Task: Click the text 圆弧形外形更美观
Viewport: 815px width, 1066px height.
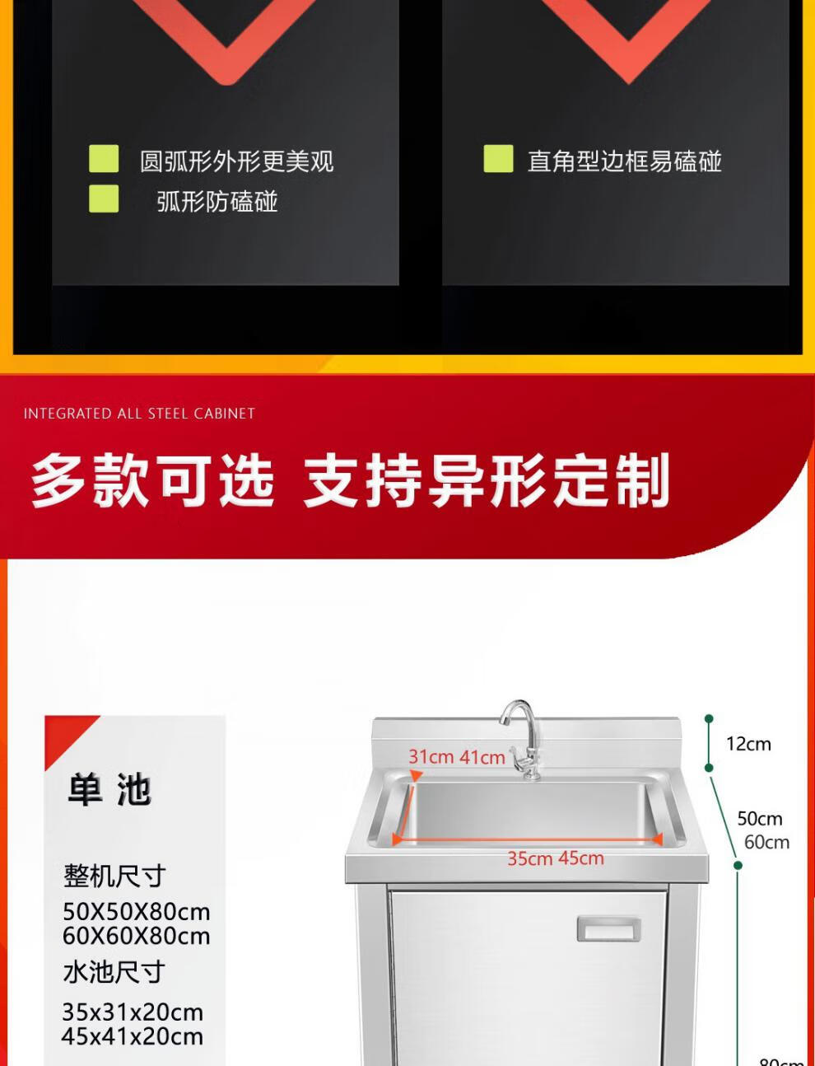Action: [x=237, y=161]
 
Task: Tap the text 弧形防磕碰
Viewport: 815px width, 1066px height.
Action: [x=217, y=201]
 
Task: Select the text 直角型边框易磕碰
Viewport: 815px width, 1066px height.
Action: [x=624, y=161]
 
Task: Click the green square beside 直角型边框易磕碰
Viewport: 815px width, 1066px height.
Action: [x=498, y=158]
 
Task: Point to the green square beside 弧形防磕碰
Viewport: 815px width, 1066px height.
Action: [x=104, y=199]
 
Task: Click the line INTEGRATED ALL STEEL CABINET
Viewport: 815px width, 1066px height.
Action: [x=139, y=414]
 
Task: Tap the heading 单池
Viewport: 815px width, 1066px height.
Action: [x=109, y=790]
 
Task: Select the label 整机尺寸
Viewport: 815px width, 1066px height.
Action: [x=114, y=876]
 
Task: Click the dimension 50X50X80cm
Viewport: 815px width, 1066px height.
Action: [x=137, y=912]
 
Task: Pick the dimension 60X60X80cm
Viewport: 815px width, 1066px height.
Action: [x=137, y=936]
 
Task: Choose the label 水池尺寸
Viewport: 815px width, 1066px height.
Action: [x=114, y=972]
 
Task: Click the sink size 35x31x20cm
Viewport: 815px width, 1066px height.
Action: [x=133, y=1012]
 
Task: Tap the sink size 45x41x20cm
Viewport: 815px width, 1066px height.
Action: [x=133, y=1036]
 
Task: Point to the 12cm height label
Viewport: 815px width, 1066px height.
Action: [x=748, y=744]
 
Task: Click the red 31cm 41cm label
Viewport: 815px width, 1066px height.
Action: [x=457, y=756]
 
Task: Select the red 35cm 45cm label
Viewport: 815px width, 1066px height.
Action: [x=556, y=858]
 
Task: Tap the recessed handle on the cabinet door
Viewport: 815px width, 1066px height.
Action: [x=609, y=929]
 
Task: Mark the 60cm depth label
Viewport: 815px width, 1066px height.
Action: [x=767, y=842]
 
